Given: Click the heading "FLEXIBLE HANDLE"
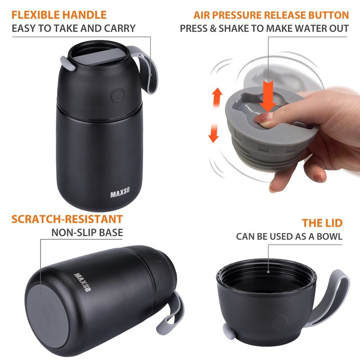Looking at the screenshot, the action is pos(59,15).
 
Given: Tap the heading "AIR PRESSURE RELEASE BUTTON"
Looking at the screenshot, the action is pos(271,15).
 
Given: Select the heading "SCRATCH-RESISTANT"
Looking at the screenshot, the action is pos(67,219).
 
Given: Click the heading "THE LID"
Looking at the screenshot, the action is pos(322,223).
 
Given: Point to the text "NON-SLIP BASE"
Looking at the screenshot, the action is pos(87,233).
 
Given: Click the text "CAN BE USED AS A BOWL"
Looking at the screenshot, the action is pos(289,237).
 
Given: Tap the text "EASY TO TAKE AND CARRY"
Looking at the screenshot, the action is pos(74,28).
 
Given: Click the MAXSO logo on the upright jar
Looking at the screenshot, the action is pos(120,193).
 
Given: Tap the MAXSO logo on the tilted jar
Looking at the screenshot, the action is pos(82,282).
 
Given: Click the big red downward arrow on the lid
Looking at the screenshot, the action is pos(268,96).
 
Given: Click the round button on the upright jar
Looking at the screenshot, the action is pos(118,95).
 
